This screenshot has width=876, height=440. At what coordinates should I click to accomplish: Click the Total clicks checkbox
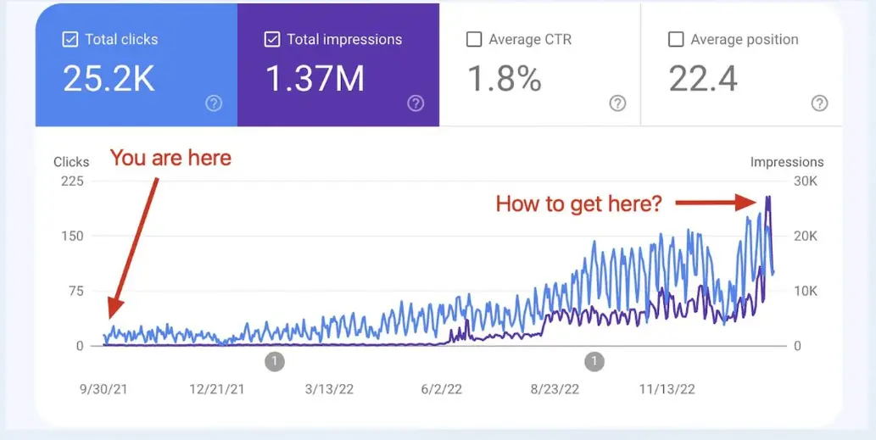click(x=70, y=40)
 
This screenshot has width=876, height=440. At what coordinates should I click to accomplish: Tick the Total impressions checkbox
click(x=272, y=40)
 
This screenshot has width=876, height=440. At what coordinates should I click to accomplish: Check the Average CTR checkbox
click(x=474, y=40)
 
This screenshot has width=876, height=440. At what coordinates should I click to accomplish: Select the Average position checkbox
click(x=676, y=40)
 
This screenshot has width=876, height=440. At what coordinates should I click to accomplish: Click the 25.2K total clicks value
click(x=109, y=79)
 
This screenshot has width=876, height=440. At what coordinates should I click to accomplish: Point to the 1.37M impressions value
click(x=315, y=79)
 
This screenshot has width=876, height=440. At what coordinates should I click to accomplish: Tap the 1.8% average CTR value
click(x=505, y=79)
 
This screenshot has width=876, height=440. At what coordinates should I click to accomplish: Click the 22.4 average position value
click(x=703, y=79)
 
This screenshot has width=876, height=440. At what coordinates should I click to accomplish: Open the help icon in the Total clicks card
click(x=214, y=103)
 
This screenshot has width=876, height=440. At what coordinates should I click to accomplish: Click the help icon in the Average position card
click(x=819, y=103)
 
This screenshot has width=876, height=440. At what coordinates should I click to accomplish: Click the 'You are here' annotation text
click(x=170, y=158)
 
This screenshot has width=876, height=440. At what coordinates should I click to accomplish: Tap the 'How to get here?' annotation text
click(x=578, y=203)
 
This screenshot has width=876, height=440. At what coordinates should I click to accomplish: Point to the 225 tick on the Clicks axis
click(x=72, y=181)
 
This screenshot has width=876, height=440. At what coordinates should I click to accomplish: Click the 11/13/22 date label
click(x=666, y=389)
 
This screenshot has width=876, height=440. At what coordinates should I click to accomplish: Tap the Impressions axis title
click(x=786, y=162)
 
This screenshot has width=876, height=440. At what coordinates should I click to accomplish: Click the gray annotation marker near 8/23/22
click(x=594, y=362)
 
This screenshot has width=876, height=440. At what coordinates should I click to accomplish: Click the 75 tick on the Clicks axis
click(x=75, y=291)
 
